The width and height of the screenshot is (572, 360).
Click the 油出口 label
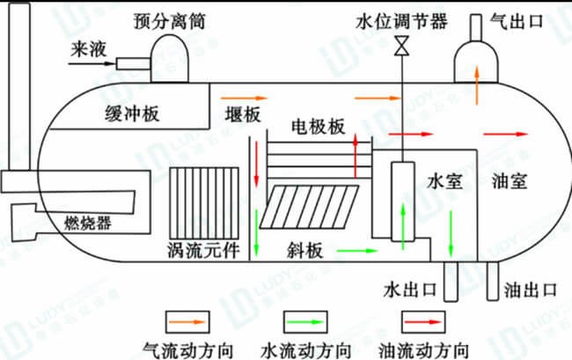(531, 289)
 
